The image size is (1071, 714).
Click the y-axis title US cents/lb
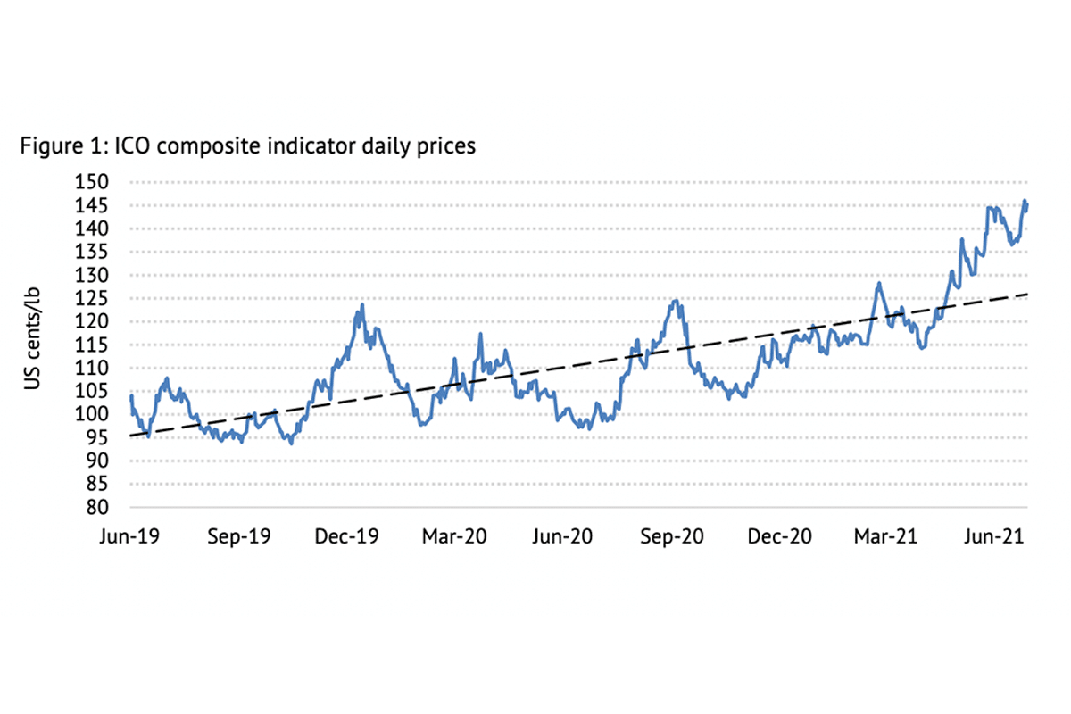33,344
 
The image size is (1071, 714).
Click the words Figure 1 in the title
60,147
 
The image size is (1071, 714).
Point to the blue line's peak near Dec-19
361,305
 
